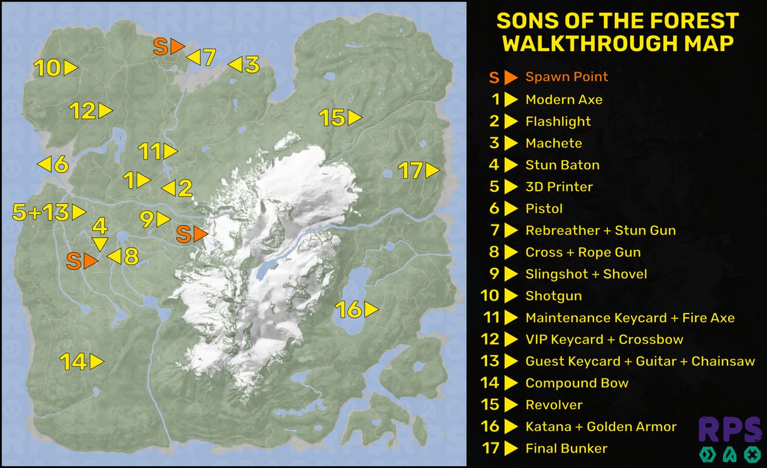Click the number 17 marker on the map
point(419,171)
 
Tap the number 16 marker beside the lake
point(356,310)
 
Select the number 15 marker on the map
point(340,118)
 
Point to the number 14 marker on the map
point(81,362)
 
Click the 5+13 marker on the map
point(49,212)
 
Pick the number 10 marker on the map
point(55,68)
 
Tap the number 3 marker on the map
point(244,64)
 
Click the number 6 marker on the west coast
point(53,165)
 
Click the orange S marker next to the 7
point(168,47)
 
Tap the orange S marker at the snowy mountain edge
point(191,234)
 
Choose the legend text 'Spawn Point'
point(566,77)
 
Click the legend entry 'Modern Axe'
point(564,99)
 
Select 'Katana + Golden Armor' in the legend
point(601,426)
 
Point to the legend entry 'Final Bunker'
point(566,448)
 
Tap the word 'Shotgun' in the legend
point(554,296)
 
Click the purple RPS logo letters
point(730,430)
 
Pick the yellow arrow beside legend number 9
point(511,274)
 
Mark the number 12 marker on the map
point(91,111)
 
